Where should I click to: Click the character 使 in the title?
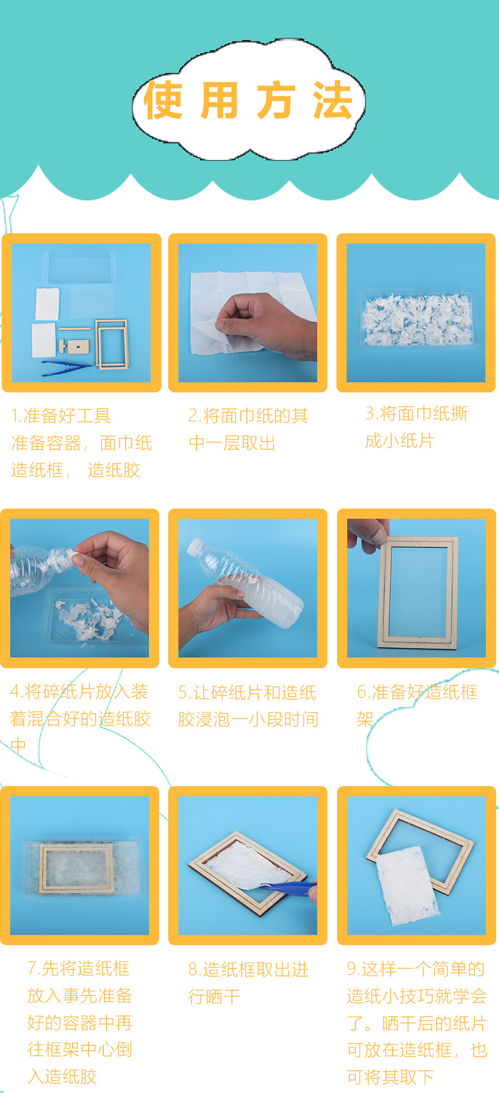163,100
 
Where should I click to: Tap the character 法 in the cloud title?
333,100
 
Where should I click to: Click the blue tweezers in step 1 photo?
65,368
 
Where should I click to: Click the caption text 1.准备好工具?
61,416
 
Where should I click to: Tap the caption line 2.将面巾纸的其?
248,416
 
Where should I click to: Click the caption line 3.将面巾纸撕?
416,413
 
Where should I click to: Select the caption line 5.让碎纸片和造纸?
247,692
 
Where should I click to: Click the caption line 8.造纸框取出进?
248,969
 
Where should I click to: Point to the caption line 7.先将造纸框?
79,968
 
